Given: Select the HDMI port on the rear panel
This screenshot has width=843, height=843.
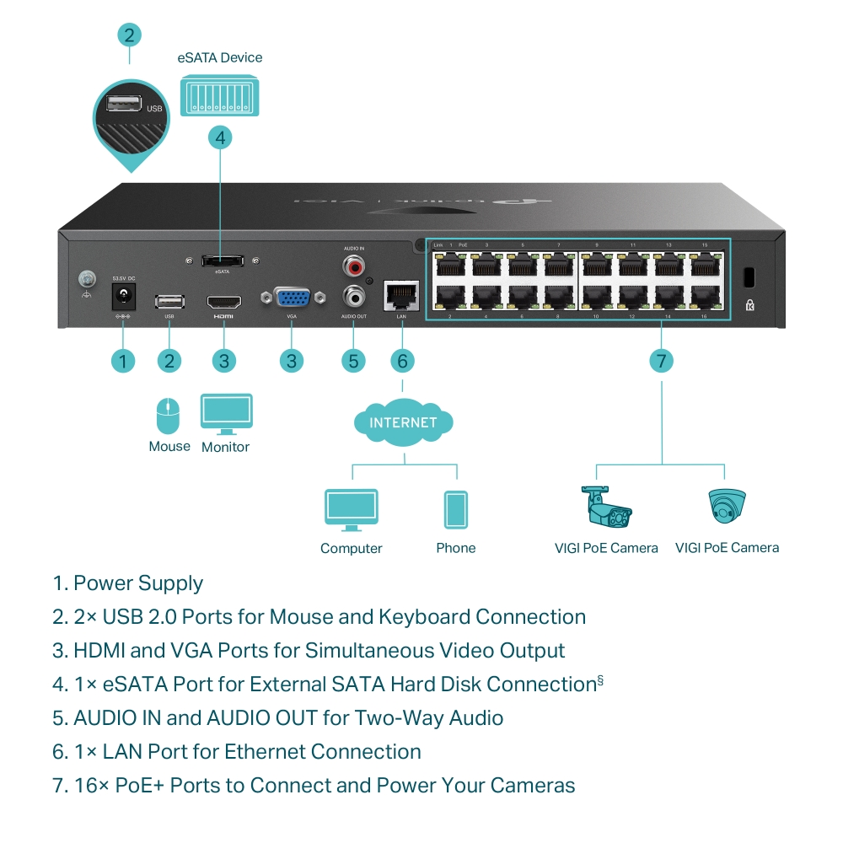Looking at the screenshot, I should (223, 301).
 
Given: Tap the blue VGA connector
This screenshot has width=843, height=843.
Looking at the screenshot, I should (292, 299).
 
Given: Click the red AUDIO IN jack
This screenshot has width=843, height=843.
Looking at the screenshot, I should (353, 267).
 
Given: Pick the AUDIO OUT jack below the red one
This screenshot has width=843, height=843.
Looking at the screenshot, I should (353, 297).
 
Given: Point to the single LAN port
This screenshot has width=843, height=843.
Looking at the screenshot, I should (401, 295).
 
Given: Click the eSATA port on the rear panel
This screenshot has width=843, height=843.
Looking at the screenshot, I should (222, 260).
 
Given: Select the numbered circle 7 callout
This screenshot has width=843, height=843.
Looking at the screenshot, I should (662, 362).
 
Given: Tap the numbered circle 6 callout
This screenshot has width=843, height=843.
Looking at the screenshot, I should (402, 362).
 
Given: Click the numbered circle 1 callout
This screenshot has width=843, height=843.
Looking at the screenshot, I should (123, 362).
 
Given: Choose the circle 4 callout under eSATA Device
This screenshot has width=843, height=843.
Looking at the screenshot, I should (220, 137).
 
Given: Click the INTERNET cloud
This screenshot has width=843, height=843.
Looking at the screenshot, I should (403, 421).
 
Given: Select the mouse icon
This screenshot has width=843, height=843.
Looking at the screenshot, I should (169, 416).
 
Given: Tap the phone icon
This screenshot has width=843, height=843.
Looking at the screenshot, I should (455, 509).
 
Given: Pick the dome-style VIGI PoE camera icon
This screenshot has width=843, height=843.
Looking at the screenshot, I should (727, 506).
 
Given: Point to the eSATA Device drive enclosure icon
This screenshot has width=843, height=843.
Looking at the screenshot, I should (220, 95).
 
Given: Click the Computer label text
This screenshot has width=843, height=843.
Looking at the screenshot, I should (352, 549).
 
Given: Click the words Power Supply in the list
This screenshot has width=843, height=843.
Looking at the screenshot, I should (138, 583).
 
